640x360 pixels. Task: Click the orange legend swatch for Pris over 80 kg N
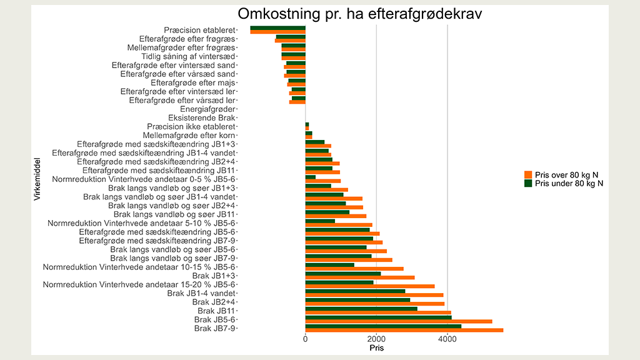[528, 174]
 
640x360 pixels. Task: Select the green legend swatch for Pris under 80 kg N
[528, 183]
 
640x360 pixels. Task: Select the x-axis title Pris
[376, 347]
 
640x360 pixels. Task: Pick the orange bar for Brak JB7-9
[404, 331]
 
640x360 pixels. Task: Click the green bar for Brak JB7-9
[382, 326]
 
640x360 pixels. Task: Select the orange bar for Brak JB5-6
[398, 322]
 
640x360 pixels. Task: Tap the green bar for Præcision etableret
[277, 28]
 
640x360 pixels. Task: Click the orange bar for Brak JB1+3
[359, 277]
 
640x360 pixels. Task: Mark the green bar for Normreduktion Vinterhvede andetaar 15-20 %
[339, 282]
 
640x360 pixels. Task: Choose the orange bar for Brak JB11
[377, 312]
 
